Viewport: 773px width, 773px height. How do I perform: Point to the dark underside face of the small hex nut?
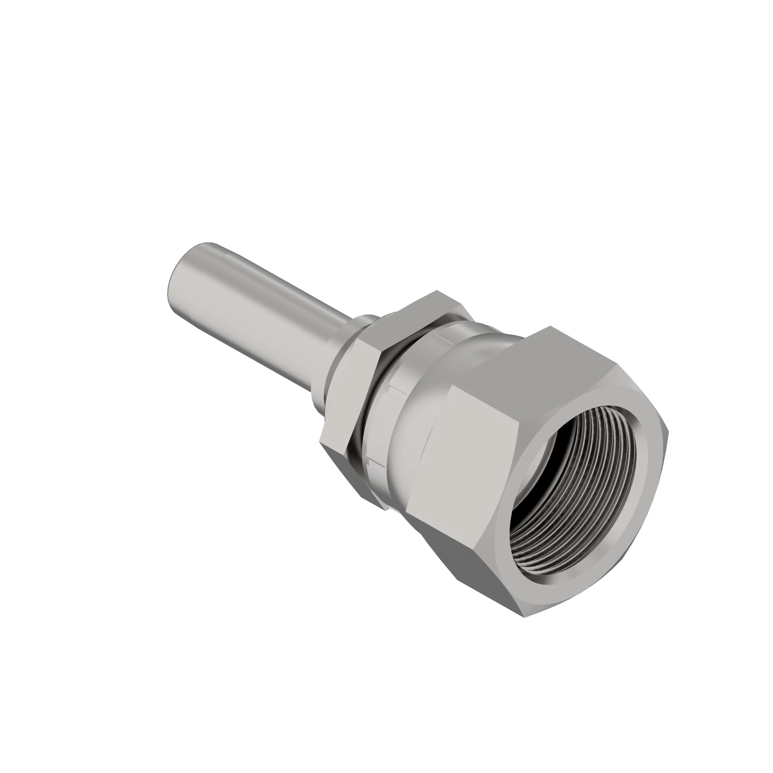pos(360,476)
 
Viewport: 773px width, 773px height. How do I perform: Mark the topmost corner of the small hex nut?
pos(437,291)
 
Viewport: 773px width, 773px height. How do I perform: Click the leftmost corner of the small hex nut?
pos(320,441)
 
